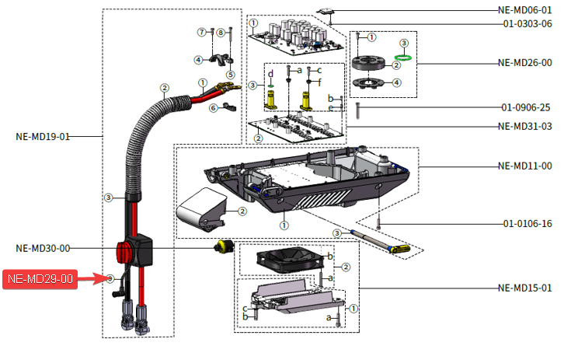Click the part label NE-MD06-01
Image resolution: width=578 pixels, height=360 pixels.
coord(524,10)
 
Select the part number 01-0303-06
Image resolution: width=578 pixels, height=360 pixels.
coord(526,23)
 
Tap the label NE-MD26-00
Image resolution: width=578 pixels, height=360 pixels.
coord(524,63)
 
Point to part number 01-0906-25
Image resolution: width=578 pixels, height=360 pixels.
coord(526,107)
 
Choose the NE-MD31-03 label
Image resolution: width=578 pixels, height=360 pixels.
coord(524,126)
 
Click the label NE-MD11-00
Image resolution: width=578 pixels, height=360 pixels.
coord(524,166)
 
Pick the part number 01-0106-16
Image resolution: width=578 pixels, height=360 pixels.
coord(526,224)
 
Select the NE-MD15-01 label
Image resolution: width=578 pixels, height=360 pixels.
coord(524,288)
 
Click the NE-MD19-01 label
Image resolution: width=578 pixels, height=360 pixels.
coord(43,136)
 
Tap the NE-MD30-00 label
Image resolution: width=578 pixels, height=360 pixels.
coord(43,248)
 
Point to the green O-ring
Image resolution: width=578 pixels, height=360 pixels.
coord(402,56)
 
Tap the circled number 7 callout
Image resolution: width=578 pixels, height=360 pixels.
coord(200,32)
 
